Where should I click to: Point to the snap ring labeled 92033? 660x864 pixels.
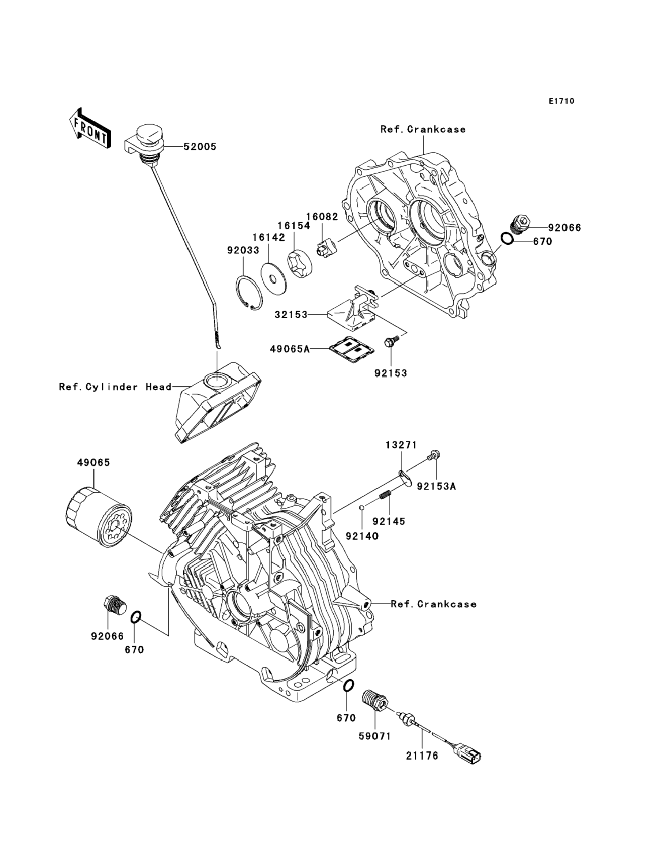click(x=249, y=294)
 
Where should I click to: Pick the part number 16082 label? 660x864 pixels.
click(x=322, y=217)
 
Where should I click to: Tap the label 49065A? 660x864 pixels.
click(x=289, y=349)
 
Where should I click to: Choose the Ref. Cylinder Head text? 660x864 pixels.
click(x=115, y=387)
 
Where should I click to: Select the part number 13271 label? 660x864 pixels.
click(x=401, y=445)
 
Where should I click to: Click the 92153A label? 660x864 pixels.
click(x=436, y=487)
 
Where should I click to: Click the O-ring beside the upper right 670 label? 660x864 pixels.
click(x=507, y=238)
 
